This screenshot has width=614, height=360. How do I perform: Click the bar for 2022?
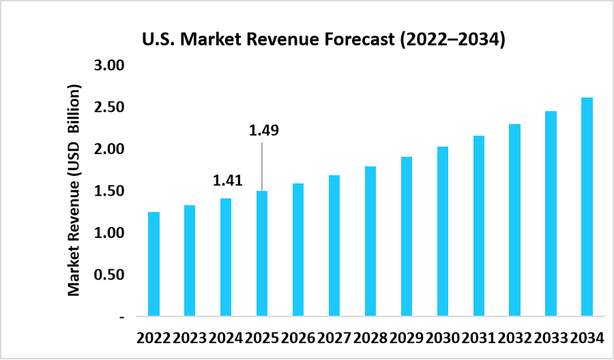click(153, 264)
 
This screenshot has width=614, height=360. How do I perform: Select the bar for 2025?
click(262, 254)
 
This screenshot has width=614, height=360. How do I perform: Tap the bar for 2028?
click(370, 241)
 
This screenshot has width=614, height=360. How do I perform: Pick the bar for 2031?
click(479, 226)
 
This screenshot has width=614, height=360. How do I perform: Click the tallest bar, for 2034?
click(587, 207)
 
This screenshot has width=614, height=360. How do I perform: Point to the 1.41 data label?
click(228, 181)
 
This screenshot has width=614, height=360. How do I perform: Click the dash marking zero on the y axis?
click(121, 317)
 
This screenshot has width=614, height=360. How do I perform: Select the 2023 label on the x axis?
click(190, 337)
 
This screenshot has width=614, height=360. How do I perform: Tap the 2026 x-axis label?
click(298, 337)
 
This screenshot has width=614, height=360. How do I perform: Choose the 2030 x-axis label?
click(443, 337)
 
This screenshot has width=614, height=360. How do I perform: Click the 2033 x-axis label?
click(551, 337)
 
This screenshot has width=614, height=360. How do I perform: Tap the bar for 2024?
click(226, 257)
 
